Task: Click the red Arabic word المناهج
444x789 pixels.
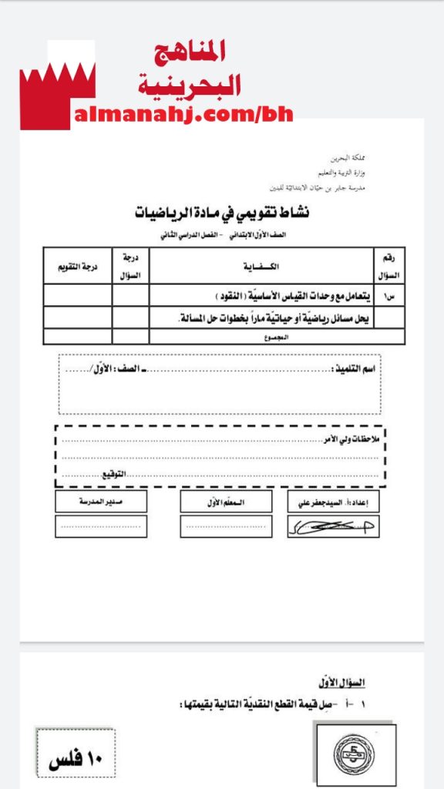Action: tap(190, 52)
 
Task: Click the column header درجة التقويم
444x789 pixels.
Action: tap(77, 267)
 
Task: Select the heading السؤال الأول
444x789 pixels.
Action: tap(340, 683)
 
